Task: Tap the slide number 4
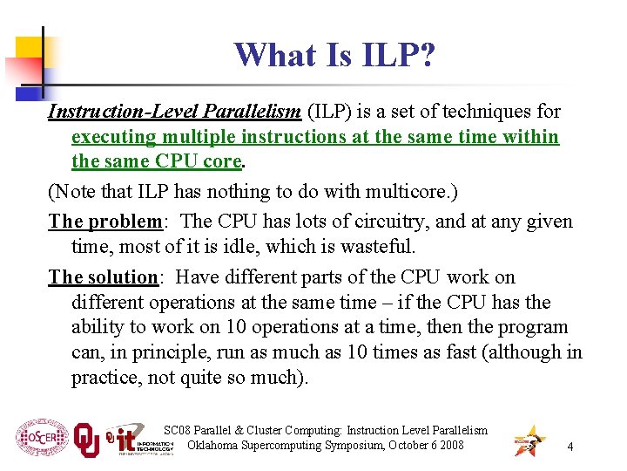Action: click(570, 447)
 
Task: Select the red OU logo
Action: click(86, 439)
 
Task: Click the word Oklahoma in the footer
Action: click(214, 446)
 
